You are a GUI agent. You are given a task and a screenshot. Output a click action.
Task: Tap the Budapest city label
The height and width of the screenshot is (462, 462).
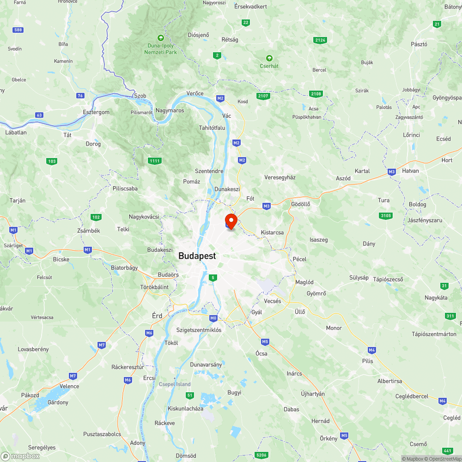pyautogui.click(x=197, y=256)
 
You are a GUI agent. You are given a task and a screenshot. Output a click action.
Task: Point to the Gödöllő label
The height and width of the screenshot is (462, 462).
pyautogui.click(x=300, y=204)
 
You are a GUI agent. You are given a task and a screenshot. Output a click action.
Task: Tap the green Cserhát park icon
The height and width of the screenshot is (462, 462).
pyautogui.click(x=269, y=58)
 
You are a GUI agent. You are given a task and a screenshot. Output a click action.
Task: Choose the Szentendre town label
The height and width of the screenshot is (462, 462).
pyautogui.click(x=209, y=171)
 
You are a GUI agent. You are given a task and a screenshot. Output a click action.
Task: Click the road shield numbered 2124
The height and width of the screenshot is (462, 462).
pyautogui.click(x=320, y=40)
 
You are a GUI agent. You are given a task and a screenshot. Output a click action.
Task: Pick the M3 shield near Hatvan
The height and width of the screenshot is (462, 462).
pyautogui.click(x=392, y=172)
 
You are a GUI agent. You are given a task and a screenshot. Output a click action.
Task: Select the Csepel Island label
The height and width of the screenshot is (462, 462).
pyautogui.click(x=175, y=384)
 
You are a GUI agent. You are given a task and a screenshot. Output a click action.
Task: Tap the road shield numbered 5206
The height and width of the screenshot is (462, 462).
pyautogui.click(x=261, y=455)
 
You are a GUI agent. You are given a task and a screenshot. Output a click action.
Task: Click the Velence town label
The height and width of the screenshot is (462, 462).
pyautogui.click(x=69, y=386)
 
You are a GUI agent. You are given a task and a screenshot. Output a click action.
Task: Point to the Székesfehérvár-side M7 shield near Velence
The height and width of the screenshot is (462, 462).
pyautogui.click(x=73, y=376)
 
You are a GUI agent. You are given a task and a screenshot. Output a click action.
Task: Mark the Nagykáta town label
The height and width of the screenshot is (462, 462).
pyautogui.click(x=436, y=298)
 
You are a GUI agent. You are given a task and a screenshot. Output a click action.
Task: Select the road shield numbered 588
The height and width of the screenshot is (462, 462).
pyautogui.click(x=18, y=30)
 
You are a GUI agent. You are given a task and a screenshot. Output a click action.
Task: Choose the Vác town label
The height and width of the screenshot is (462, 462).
pyautogui.click(x=226, y=116)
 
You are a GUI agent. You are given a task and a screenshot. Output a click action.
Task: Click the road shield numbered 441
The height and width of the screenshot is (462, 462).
pyautogui.click(x=447, y=450)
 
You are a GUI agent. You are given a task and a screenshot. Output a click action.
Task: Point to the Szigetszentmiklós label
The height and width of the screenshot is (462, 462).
pyautogui.click(x=199, y=330)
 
